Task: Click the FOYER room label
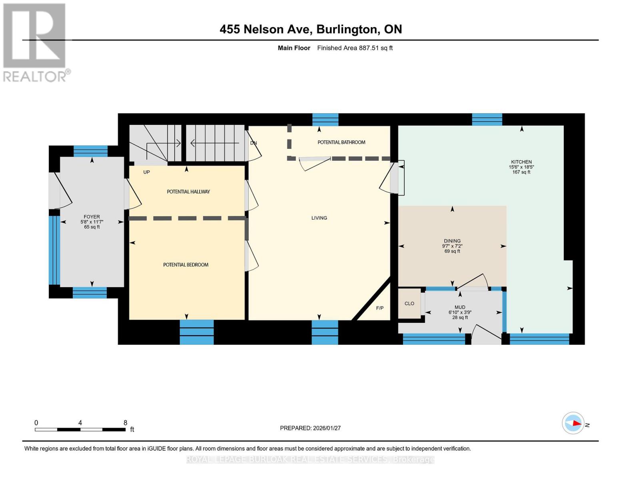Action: tap(92, 217)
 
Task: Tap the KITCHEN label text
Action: tap(521, 162)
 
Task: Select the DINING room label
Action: tap(452, 241)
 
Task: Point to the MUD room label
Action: tap(460, 307)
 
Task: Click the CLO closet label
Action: tap(409, 303)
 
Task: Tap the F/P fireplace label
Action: tap(380, 308)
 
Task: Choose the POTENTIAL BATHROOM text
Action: tap(341, 142)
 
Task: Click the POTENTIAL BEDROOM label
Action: tap(186, 265)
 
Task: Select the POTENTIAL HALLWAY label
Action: tap(188, 192)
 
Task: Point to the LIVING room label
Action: tap(319, 218)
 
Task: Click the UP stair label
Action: tap(146, 172)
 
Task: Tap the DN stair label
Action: tap(254, 143)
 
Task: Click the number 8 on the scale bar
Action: tap(125, 422)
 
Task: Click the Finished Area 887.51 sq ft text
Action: tap(355, 48)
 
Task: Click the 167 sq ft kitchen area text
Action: tap(521, 172)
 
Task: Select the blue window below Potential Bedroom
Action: tap(197, 332)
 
